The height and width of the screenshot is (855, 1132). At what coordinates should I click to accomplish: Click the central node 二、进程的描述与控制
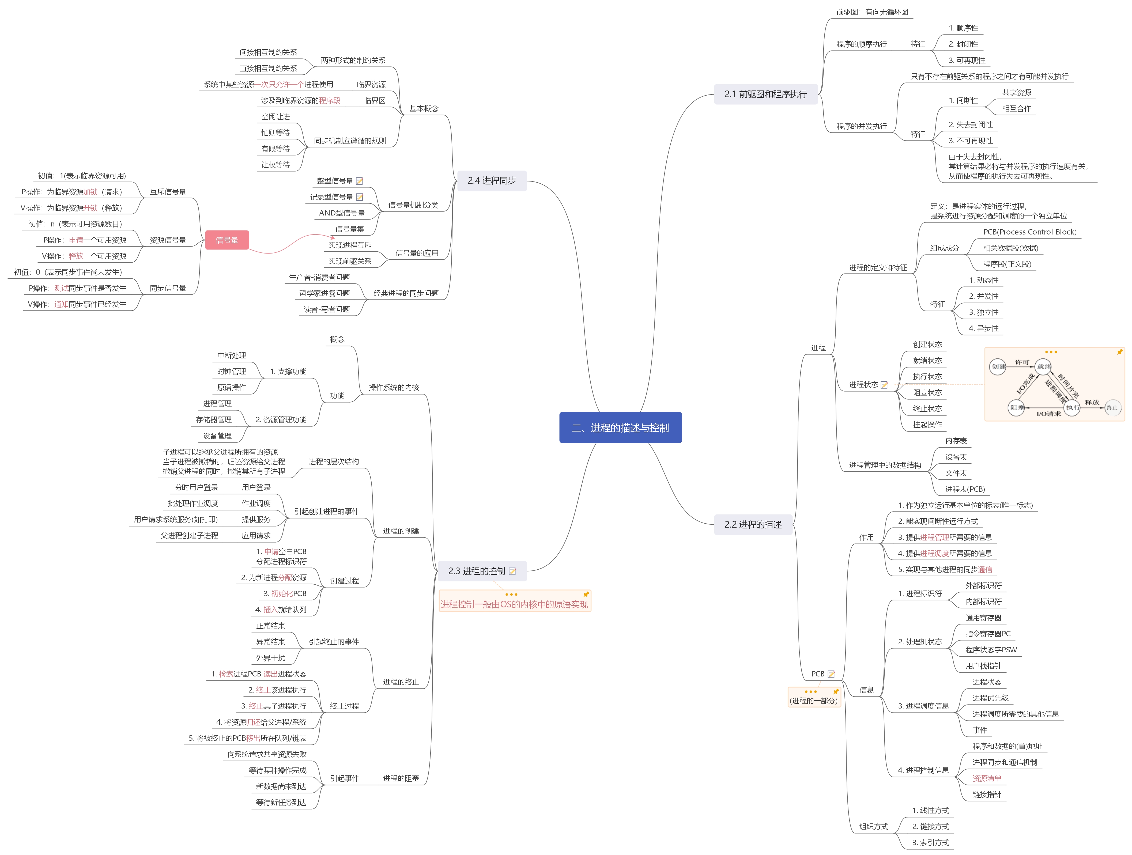pos(620,428)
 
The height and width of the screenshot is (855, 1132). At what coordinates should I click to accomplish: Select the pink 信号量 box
pos(227,240)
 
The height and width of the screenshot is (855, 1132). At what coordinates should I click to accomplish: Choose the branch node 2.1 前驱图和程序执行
pos(765,94)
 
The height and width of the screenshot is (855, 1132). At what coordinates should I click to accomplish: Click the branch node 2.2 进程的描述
pos(753,524)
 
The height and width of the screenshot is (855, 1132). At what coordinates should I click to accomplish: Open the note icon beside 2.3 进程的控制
pos(512,572)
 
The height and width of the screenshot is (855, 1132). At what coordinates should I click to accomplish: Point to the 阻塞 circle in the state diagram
pos(1016,408)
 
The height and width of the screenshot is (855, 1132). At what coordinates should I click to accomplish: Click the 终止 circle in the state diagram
pos(1112,408)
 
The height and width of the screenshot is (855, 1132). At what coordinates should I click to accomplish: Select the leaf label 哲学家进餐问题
pos(324,293)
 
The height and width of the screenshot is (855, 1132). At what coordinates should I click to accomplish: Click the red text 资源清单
pos(987,778)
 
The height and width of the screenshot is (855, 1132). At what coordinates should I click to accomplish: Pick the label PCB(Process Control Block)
pos(1030,232)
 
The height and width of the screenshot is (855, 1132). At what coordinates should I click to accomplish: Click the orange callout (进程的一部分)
pos(814,701)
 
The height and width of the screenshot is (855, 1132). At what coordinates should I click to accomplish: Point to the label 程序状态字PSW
pos(991,650)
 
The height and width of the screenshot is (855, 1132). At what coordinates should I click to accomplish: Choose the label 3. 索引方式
pos(930,842)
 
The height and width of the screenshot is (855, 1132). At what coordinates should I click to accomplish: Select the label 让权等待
pos(275,165)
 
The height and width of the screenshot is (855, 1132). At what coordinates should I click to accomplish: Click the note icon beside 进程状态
pos(884,385)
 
